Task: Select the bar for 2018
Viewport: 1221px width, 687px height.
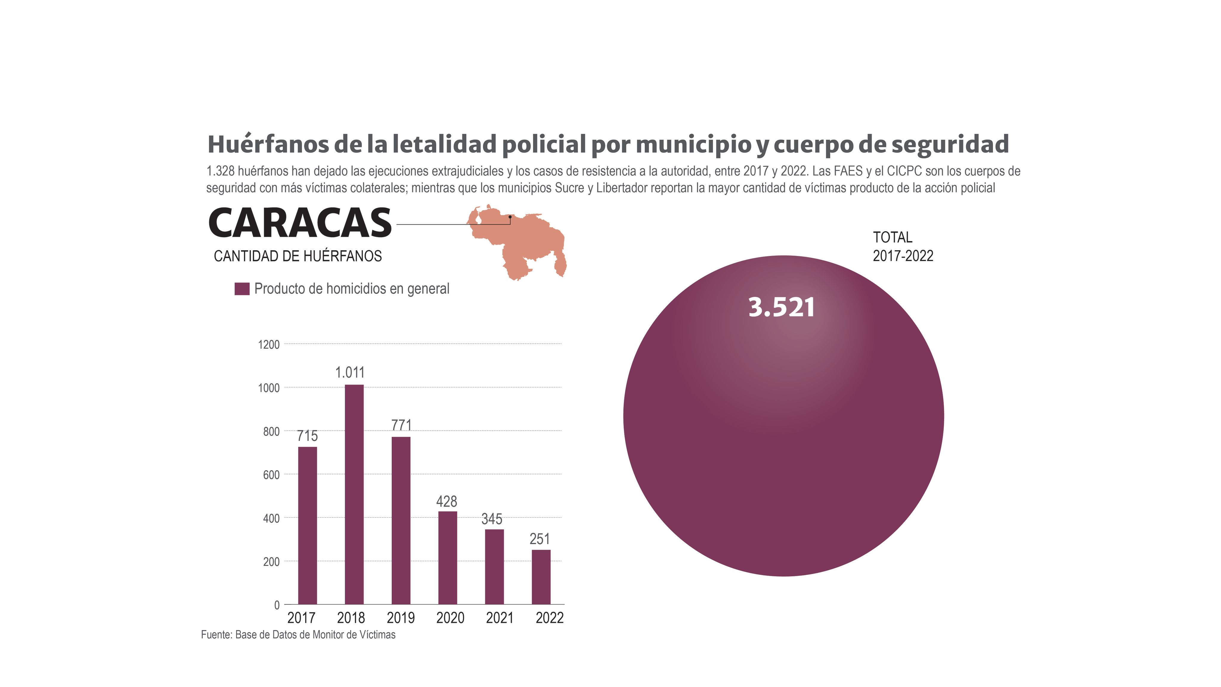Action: click(x=354, y=494)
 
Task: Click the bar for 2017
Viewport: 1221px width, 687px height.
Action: click(x=307, y=525)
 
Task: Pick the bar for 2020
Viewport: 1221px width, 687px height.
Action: click(x=447, y=558)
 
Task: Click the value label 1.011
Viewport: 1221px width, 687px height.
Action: click(x=350, y=373)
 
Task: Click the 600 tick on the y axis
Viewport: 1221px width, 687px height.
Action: click(x=271, y=475)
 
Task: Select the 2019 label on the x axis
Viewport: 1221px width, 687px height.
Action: click(x=401, y=618)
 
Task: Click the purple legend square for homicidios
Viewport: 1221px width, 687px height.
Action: click(x=242, y=289)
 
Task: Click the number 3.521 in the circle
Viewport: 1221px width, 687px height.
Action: click(x=781, y=308)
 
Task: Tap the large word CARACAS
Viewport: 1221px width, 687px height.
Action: click(x=300, y=223)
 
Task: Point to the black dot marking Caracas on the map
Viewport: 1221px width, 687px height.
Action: click(x=510, y=217)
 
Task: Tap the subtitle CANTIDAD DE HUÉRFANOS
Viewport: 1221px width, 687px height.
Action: click(x=298, y=256)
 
